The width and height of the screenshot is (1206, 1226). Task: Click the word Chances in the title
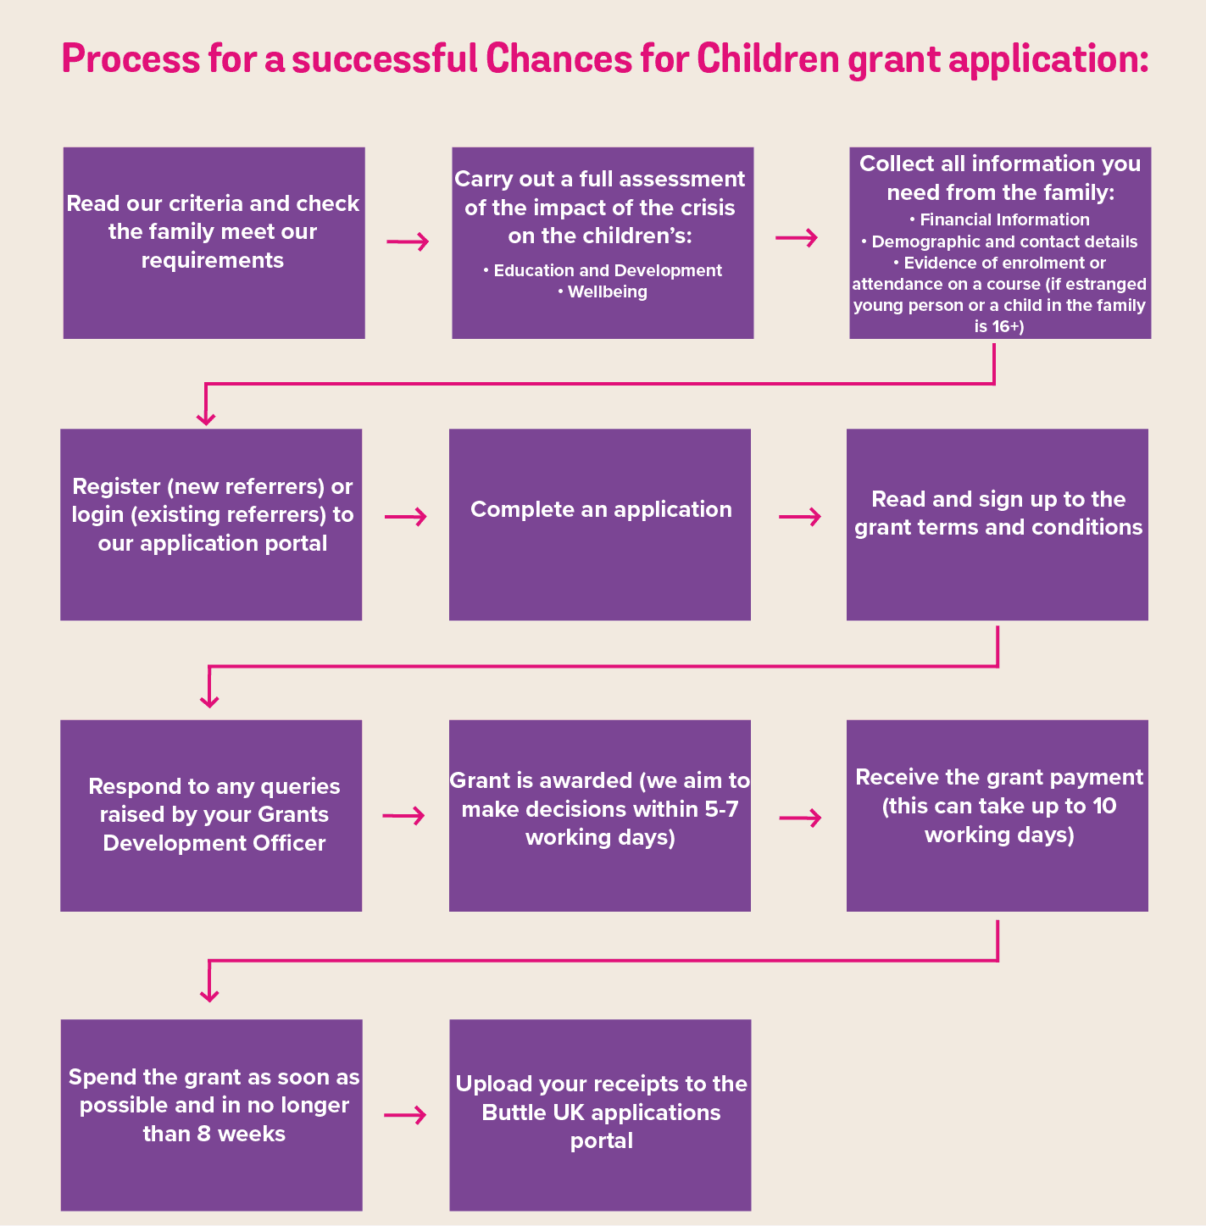pos(559,59)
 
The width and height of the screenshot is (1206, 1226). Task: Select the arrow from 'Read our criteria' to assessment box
pos(408,242)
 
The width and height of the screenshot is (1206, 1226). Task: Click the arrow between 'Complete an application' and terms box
pos(800,517)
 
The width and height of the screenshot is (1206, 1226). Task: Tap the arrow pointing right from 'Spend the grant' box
pos(405,1115)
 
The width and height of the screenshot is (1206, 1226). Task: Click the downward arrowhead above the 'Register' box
pos(206,417)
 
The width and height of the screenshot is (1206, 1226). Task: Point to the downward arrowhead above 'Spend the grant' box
pos(209,994)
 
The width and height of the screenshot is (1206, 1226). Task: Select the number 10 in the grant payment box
pos(1104,806)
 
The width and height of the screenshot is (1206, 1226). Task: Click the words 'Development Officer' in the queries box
pos(214,843)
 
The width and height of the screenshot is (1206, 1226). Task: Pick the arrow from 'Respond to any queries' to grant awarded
pos(403,816)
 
